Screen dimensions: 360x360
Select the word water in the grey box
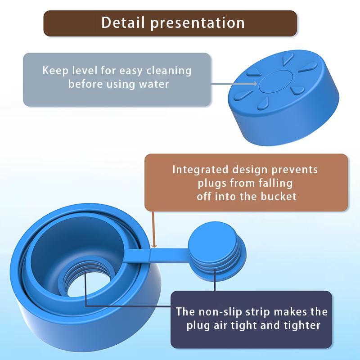click(154, 84)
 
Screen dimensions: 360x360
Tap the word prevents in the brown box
click(295, 170)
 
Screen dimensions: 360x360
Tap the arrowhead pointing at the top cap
click(255, 83)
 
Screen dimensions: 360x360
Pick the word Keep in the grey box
click(53, 71)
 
